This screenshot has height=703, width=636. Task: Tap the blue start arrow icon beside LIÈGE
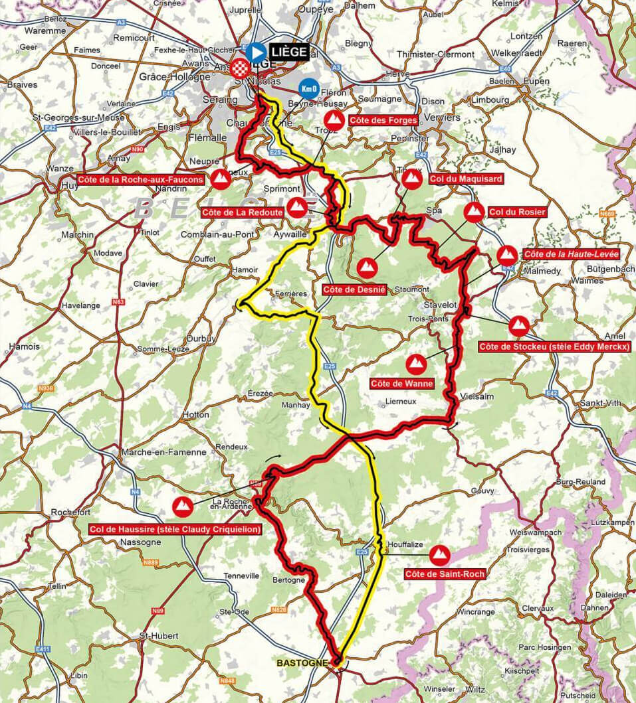click(x=255, y=51)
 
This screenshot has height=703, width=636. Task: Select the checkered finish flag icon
click(x=239, y=66)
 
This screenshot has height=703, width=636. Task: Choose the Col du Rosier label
click(x=516, y=212)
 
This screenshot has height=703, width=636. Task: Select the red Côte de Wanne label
click(x=402, y=383)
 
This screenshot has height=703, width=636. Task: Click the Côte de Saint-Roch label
click(x=444, y=574)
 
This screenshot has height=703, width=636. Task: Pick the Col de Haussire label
click(x=175, y=529)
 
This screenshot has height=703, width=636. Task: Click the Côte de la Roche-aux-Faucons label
click(x=141, y=179)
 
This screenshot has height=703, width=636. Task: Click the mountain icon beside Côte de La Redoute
click(x=297, y=206)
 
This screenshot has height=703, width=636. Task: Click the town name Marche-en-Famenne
click(x=163, y=452)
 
